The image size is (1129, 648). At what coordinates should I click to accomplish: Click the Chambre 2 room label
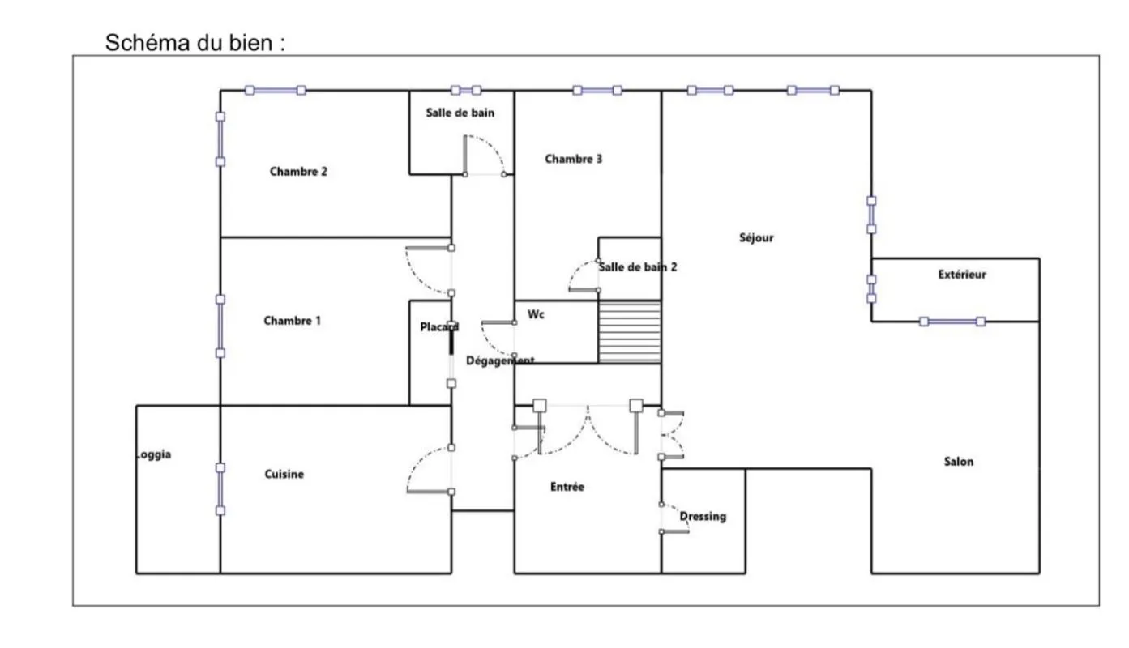click(x=298, y=172)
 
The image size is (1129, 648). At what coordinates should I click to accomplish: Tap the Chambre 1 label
click(x=293, y=321)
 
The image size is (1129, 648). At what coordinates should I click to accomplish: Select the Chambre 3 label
click(x=574, y=160)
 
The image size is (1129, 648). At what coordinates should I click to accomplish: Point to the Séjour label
click(x=756, y=238)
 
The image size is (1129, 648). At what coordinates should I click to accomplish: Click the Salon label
click(x=959, y=462)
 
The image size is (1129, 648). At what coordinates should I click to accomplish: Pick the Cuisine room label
click(x=284, y=474)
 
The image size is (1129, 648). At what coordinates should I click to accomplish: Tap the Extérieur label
click(x=962, y=275)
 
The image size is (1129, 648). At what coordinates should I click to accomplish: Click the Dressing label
click(x=703, y=517)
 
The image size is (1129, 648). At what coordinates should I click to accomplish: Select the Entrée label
click(x=567, y=487)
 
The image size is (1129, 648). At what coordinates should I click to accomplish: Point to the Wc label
click(x=536, y=314)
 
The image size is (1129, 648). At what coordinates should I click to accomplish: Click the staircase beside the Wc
click(x=630, y=332)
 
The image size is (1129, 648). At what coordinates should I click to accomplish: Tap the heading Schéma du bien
click(x=195, y=43)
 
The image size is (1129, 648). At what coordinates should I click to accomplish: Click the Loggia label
click(x=154, y=454)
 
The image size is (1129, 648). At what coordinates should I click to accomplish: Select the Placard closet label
click(x=439, y=327)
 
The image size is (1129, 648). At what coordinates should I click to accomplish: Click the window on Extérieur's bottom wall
click(x=952, y=322)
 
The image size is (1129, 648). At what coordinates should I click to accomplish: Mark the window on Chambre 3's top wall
click(x=597, y=91)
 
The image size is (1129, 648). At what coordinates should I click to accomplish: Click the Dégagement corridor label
click(x=500, y=360)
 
